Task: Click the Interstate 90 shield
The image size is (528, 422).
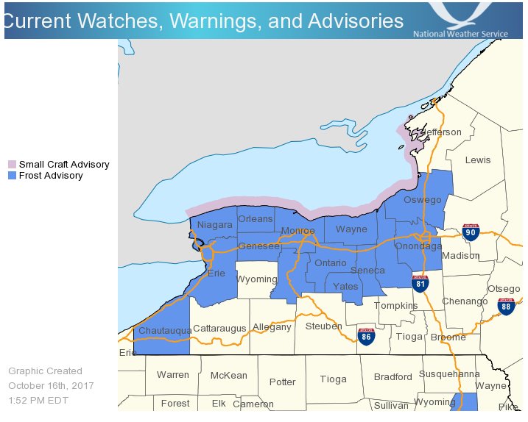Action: [x=471, y=233]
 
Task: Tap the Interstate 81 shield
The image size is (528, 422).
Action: [x=420, y=282]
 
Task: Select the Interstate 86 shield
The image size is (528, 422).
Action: [x=366, y=337]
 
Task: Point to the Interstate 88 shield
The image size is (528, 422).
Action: [x=506, y=307]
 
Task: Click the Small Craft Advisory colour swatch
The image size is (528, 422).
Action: [x=12, y=165]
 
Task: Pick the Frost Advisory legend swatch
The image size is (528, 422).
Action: [x=12, y=176]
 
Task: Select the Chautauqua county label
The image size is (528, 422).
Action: [x=165, y=331]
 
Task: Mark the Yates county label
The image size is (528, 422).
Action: [x=345, y=287]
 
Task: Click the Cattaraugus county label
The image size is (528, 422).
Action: [x=219, y=329]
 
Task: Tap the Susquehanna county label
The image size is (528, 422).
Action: [x=449, y=374]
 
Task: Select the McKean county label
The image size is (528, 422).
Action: [x=228, y=376]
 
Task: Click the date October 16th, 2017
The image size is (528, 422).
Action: [x=51, y=386]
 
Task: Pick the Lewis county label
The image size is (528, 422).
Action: [x=477, y=160]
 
